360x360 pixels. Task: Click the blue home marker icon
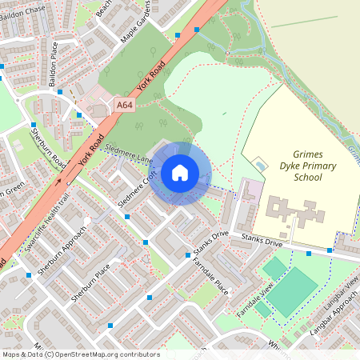180,172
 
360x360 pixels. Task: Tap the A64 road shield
124,105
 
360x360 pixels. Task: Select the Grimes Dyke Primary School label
303,165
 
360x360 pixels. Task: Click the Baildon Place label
54,64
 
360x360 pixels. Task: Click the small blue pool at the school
260,165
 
